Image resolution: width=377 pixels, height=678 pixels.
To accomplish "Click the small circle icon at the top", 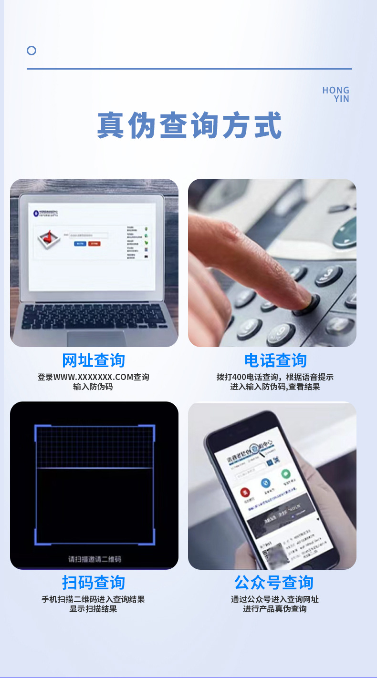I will tap(31, 51).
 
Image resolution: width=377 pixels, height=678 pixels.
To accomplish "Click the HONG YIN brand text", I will tap(336, 94).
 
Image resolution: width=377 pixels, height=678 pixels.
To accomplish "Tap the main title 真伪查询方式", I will tap(189, 125).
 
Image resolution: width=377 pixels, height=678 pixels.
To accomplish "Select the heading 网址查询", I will tap(94, 360).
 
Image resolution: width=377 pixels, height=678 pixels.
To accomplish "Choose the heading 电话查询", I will tap(275, 360).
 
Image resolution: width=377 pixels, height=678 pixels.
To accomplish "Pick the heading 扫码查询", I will tap(94, 583).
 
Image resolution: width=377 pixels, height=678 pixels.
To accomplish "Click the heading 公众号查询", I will tap(273, 583).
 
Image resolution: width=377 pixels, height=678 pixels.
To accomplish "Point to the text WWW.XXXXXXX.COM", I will tap(93, 377).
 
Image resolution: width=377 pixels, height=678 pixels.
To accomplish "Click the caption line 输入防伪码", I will tap(93, 387).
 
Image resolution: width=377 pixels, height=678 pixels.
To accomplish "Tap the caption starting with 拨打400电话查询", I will tap(275, 377).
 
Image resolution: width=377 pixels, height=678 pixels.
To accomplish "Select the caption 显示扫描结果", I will tap(93, 609).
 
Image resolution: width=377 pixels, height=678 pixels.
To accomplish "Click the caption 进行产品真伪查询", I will tap(275, 609).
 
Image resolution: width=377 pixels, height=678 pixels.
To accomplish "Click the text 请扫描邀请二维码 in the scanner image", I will tap(94, 559).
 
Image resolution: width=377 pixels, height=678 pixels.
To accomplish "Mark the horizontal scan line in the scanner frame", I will tap(94, 468).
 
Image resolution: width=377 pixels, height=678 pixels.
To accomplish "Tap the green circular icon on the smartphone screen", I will tap(285, 474).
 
